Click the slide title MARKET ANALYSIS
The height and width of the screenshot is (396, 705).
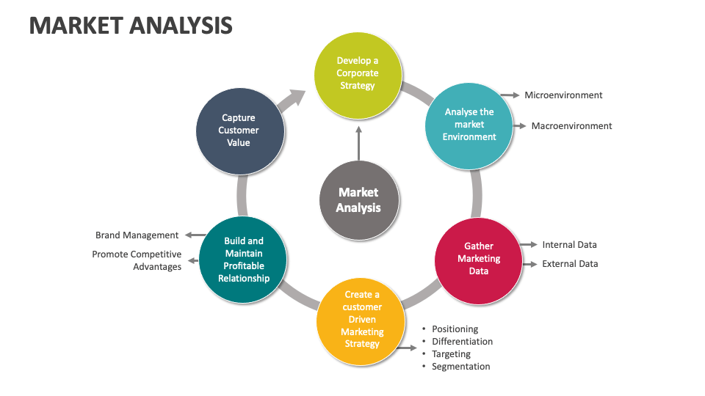click(x=131, y=25)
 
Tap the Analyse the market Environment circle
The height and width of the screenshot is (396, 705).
click(x=469, y=125)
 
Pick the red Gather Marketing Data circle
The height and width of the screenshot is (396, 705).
click(x=478, y=259)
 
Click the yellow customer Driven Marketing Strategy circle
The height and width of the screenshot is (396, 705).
click(x=361, y=320)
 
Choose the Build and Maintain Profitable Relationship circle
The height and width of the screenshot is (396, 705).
click(x=243, y=259)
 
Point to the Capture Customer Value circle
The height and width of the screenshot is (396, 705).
click(x=239, y=131)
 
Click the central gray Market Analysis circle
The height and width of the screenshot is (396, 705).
click(x=359, y=199)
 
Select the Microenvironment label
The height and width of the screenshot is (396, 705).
click(x=563, y=95)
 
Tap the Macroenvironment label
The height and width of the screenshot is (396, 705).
click(x=571, y=125)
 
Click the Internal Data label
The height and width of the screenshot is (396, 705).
click(x=569, y=245)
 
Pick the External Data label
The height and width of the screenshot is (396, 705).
click(x=570, y=263)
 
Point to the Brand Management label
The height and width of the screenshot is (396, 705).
click(x=137, y=235)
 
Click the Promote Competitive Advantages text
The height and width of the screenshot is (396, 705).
click(x=137, y=260)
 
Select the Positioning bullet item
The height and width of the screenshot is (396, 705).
click(x=455, y=329)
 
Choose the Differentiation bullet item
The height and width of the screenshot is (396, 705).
click(x=462, y=342)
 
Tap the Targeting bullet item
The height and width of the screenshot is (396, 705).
click(x=451, y=354)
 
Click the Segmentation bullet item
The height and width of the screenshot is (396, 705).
click(x=460, y=367)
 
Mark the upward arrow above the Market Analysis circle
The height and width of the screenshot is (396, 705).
click(x=358, y=142)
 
